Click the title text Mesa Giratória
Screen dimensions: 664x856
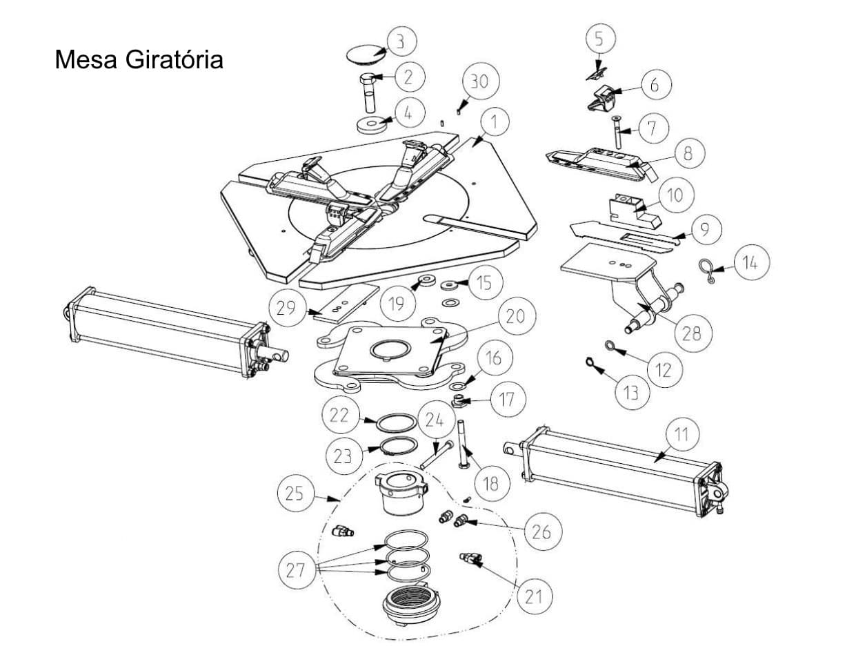[x=139, y=59]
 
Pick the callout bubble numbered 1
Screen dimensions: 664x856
[x=494, y=122]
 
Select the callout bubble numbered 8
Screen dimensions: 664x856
[x=687, y=153]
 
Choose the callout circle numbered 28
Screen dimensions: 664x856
[x=691, y=333]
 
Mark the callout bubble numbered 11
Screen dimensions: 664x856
[x=681, y=434]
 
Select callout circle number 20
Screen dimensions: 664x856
[x=515, y=317]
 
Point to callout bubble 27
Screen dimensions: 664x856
[x=296, y=570]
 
